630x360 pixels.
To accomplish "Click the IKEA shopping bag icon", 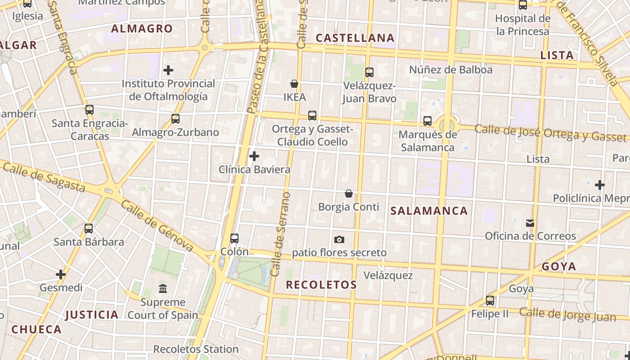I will (x=294, y=84).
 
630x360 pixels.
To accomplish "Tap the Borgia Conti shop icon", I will (x=348, y=193).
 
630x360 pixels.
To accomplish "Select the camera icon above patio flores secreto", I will (x=339, y=239).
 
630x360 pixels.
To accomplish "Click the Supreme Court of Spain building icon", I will (x=163, y=288).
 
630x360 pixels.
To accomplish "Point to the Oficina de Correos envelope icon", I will (x=530, y=223).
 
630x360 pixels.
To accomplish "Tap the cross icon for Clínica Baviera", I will (x=254, y=156).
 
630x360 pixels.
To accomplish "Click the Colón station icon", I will (x=234, y=238).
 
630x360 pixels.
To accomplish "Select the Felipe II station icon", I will (x=490, y=300).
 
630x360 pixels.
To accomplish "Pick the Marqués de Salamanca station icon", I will (x=427, y=121).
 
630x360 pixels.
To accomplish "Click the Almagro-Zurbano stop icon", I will (x=175, y=119).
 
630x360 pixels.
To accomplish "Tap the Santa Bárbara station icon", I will (x=89, y=229).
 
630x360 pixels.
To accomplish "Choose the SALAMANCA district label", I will (x=429, y=211).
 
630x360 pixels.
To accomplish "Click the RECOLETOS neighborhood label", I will (x=321, y=284).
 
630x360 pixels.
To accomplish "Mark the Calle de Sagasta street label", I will (x=44, y=176).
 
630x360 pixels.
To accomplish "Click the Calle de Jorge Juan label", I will (x=567, y=314).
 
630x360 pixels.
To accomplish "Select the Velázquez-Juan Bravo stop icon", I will (x=369, y=72).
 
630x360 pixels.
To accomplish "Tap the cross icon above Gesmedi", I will (x=61, y=274).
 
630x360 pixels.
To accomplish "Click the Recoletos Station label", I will (x=196, y=349).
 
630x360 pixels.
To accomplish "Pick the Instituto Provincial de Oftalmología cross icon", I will (x=168, y=70).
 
